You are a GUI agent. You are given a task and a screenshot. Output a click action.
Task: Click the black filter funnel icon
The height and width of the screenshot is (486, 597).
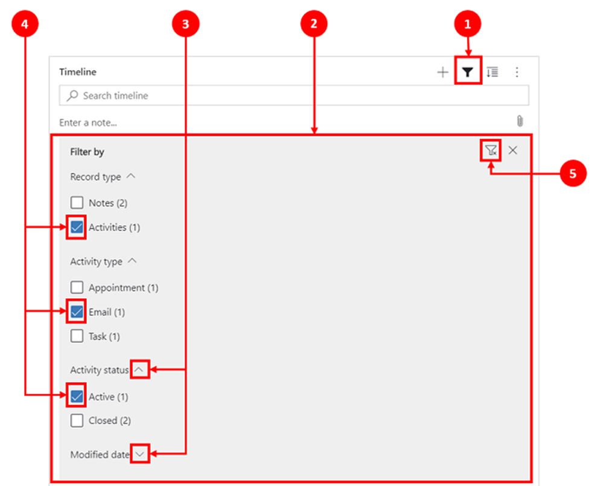[x=468, y=72]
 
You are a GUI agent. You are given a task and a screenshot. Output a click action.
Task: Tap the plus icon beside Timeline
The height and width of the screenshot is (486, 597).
[x=442, y=72]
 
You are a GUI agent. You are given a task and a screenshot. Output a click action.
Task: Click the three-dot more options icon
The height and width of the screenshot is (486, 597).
[x=517, y=72]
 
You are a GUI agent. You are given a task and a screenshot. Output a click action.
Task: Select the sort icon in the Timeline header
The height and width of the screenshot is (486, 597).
[x=493, y=72]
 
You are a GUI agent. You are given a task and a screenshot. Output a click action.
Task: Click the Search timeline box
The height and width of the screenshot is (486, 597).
[x=293, y=95]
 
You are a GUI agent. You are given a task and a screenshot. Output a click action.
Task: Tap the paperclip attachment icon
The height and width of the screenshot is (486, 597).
[x=520, y=121]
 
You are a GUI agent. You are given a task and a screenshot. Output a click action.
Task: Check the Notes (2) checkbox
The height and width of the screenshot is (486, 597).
[x=77, y=202]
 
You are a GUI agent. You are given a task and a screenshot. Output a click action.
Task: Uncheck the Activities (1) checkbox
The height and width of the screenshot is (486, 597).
[x=77, y=227]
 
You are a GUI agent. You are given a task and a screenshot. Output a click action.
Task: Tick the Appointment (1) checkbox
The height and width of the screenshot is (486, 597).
[x=77, y=287]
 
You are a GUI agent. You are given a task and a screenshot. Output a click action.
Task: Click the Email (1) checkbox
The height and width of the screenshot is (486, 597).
[x=77, y=312]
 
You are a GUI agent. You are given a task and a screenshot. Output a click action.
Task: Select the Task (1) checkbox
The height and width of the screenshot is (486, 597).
[x=77, y=336]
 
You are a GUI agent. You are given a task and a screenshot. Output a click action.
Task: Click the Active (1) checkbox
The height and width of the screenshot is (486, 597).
[x=77, y=397]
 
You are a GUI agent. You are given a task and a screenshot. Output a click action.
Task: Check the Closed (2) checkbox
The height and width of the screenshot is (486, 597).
[x=77, y=420]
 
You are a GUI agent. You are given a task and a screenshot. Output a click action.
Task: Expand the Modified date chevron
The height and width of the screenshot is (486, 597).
[x=139, y=453]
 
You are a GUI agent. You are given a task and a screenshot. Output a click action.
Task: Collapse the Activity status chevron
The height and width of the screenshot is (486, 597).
[x=139, y=369]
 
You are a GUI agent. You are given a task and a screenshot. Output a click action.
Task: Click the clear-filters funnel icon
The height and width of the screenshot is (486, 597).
[x=490, y=150]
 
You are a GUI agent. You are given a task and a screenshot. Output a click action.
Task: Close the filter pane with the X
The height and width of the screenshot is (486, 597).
[x=513, y=150]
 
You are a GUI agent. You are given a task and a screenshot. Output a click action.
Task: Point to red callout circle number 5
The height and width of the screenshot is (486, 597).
[x=573, y=174]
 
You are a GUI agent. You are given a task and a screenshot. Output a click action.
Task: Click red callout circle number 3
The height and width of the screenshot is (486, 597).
[x=185, y=24]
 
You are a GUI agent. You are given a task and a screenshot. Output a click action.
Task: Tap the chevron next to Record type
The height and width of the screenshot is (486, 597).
[x=131, y=176]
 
